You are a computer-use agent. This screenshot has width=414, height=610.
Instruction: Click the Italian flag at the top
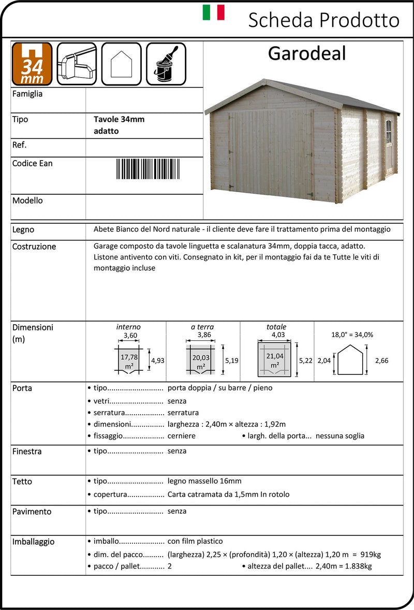coord(213,12)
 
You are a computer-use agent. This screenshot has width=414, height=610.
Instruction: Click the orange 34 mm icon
coord(32,64)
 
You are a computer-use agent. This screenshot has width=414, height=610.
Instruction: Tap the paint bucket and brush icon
coord(166,64)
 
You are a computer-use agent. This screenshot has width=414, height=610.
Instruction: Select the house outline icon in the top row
coord(121,64)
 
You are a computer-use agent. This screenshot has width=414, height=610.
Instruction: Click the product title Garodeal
coord(307,53)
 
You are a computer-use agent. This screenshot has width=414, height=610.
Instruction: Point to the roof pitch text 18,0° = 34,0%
coord(352,335)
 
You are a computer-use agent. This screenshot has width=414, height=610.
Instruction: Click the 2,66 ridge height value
coord(381,360)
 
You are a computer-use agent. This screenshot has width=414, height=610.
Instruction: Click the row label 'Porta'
coord(22,388)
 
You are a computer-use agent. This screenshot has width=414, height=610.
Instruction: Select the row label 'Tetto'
coord(22,482)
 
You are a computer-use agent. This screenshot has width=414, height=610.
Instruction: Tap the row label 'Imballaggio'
coord(33,542)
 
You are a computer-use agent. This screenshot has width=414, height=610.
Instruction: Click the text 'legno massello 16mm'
coord(204,481)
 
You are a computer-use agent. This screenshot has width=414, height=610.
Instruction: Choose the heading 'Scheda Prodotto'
coord(324,20)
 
